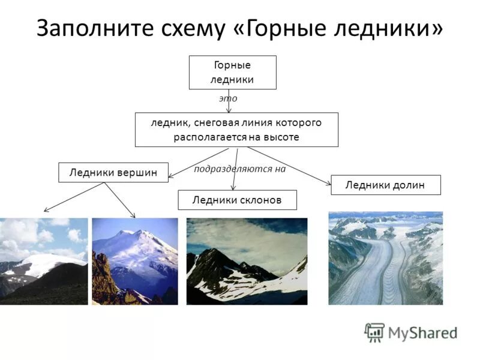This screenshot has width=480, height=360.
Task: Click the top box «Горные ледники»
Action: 232,72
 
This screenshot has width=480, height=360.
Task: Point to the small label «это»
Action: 228,98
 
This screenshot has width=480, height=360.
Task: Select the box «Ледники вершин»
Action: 113,172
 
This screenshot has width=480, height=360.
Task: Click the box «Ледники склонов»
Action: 237,200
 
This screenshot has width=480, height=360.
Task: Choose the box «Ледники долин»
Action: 385,185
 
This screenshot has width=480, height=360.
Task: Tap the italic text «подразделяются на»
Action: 239,169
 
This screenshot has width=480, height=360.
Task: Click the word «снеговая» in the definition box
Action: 215,122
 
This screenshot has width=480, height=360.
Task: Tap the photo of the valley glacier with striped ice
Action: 385,258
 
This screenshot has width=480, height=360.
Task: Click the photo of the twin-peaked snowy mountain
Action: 135,261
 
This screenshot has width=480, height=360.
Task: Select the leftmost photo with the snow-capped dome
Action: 43,261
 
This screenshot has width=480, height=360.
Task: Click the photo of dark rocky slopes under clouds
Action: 247,261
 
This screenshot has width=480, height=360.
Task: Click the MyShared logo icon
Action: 374,332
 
